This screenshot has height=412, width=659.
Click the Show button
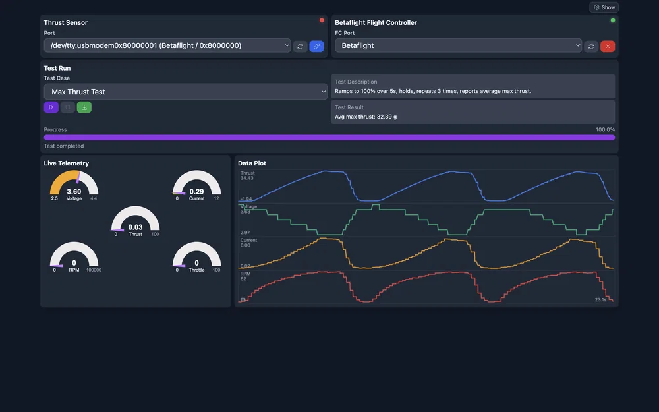(604, 7)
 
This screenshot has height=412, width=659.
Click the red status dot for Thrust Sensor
(322, 20)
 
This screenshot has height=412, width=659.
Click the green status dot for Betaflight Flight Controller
(613, 20)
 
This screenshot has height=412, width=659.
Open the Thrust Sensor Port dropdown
(167, 45)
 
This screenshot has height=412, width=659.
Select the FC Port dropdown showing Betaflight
(458, 45)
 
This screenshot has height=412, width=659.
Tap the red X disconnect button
(608, 46)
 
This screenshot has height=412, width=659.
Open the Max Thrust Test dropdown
(185, 92)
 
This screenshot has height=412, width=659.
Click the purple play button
(51, 107)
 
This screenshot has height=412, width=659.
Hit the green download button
(84, 107)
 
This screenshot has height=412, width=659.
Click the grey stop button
(68, 107)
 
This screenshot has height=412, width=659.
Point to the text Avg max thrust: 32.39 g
(366, 117)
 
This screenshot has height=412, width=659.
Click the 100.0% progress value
(605, 130)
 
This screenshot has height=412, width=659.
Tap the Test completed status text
(64, 146)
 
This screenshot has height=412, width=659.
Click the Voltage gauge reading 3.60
(74, 192)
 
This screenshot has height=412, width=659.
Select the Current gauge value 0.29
(196, 192)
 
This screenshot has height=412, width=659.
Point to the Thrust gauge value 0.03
(135, 227)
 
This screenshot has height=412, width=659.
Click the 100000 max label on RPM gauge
(94, 270)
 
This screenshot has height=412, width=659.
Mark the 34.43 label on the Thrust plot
(247, 178)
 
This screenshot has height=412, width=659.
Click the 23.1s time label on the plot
(600, 299)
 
